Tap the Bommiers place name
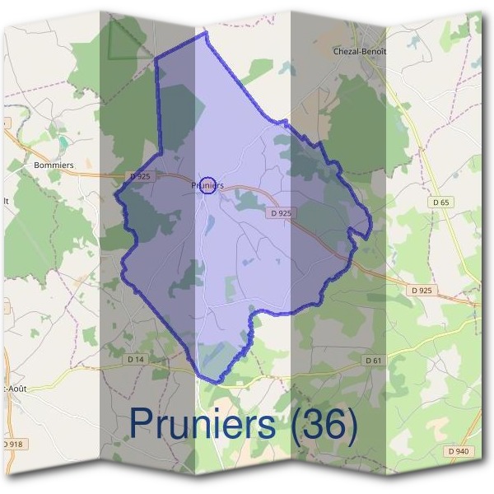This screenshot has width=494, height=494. tap(54, 165)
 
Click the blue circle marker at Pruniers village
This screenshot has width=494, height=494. tap(208, 185)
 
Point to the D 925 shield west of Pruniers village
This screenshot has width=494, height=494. tap(141, 176)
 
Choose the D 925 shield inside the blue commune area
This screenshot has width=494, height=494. tap(281, 212)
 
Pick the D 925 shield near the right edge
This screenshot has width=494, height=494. tap(421, 291)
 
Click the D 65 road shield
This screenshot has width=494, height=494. tap(440, 202)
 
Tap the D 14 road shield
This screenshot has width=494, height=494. tap(136, 360)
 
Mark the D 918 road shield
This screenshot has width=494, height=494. tap(12, 445)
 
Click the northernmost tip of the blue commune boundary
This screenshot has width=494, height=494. tap(203, 32)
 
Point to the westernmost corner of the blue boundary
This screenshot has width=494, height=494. tap(114, 199)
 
